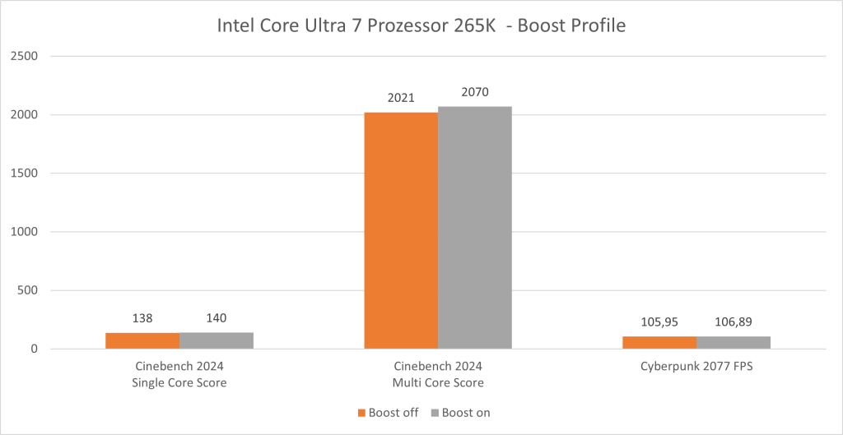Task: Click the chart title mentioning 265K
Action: pos(421,25)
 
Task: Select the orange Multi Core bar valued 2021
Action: pos(401,230)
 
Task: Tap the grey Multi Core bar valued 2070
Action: pos(474,228)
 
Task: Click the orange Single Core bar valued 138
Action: pos(142,340)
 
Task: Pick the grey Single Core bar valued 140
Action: pos(217,340)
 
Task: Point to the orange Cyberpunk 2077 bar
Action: pos(659,342)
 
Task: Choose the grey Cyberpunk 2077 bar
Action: pos(734,342)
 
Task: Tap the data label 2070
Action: pos(474,92)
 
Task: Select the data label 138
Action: pos(142,318)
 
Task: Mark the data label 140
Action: pos(217,318)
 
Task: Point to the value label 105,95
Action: pos(659,322)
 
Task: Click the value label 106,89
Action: pos(734,322)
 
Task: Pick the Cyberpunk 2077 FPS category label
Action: pos(696,367)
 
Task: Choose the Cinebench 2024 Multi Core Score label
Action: pos(437,374)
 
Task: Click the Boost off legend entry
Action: pos(387,413)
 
